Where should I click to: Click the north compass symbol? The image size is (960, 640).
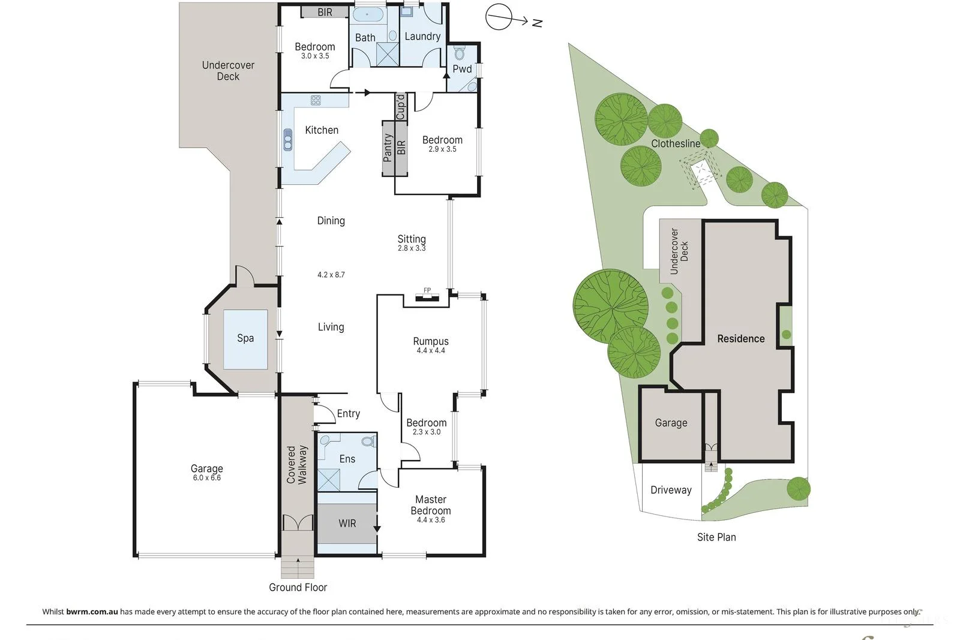tap(499, 17)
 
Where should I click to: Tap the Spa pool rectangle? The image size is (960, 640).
tap(245, 339)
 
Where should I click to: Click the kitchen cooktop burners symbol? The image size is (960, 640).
tap(316, 100)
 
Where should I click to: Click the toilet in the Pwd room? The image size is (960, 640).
tap(460, 53)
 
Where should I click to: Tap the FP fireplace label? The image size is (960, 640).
tap(427, 291)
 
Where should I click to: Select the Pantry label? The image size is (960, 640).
tap(388, 148)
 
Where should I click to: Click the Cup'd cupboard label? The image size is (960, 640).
tap(401, 107)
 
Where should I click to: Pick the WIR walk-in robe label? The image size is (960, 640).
tap(347, 524)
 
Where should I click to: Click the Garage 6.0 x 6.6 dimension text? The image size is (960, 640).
tap(207, 478)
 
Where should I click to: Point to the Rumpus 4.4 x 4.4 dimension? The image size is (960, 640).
tap(431, 351)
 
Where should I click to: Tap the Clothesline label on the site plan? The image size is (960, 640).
tap(676, 144)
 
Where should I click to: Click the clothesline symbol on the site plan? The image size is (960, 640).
tap(700, 172)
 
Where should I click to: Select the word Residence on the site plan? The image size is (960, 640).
tap(741, 339)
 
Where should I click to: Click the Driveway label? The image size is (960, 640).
tap(671, 490)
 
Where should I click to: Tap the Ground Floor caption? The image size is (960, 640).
tap(298, 588)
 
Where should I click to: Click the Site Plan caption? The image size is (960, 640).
tap(716, 537)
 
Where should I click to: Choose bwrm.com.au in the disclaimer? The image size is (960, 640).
tap(92, 612)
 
